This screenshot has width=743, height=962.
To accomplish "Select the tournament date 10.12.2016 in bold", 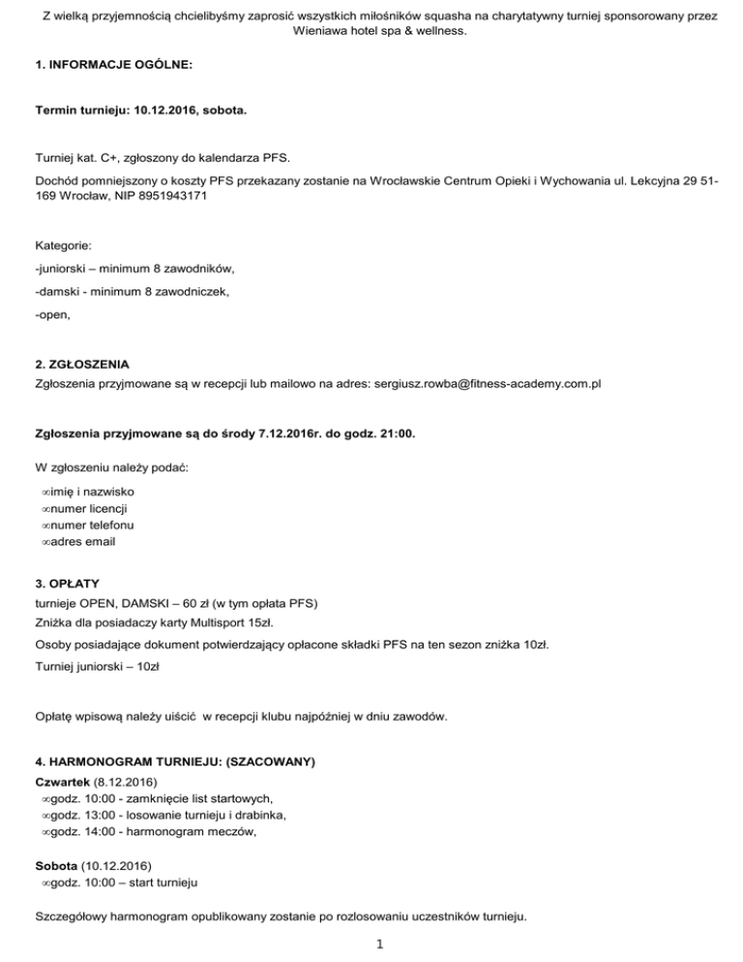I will (167, 112).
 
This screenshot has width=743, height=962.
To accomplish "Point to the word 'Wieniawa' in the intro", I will (320, 31).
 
